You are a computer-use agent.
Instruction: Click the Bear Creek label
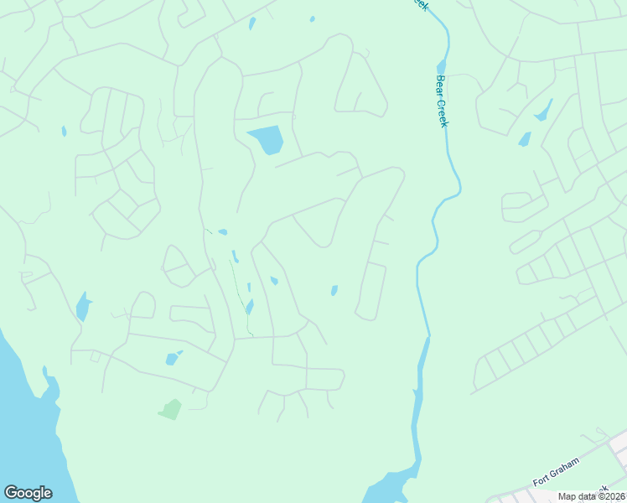[442, 102]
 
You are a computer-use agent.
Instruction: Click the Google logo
[28, 493]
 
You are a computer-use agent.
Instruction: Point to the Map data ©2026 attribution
[592, 496]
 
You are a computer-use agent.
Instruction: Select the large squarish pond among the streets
[267, 140]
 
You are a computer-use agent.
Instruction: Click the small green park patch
[170, 409]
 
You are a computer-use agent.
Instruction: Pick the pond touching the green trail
[249, 307]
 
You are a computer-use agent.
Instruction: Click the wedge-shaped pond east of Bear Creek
[543, 111]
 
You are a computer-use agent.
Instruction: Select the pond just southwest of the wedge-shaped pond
[525, 139]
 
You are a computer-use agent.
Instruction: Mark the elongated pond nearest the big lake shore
[83, 307]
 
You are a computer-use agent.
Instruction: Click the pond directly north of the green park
[173, 359]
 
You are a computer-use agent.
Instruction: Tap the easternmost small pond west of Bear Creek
[334, 291]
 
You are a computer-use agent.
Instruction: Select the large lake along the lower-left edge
[25, 419]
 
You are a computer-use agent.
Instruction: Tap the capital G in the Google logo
[11, 493]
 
